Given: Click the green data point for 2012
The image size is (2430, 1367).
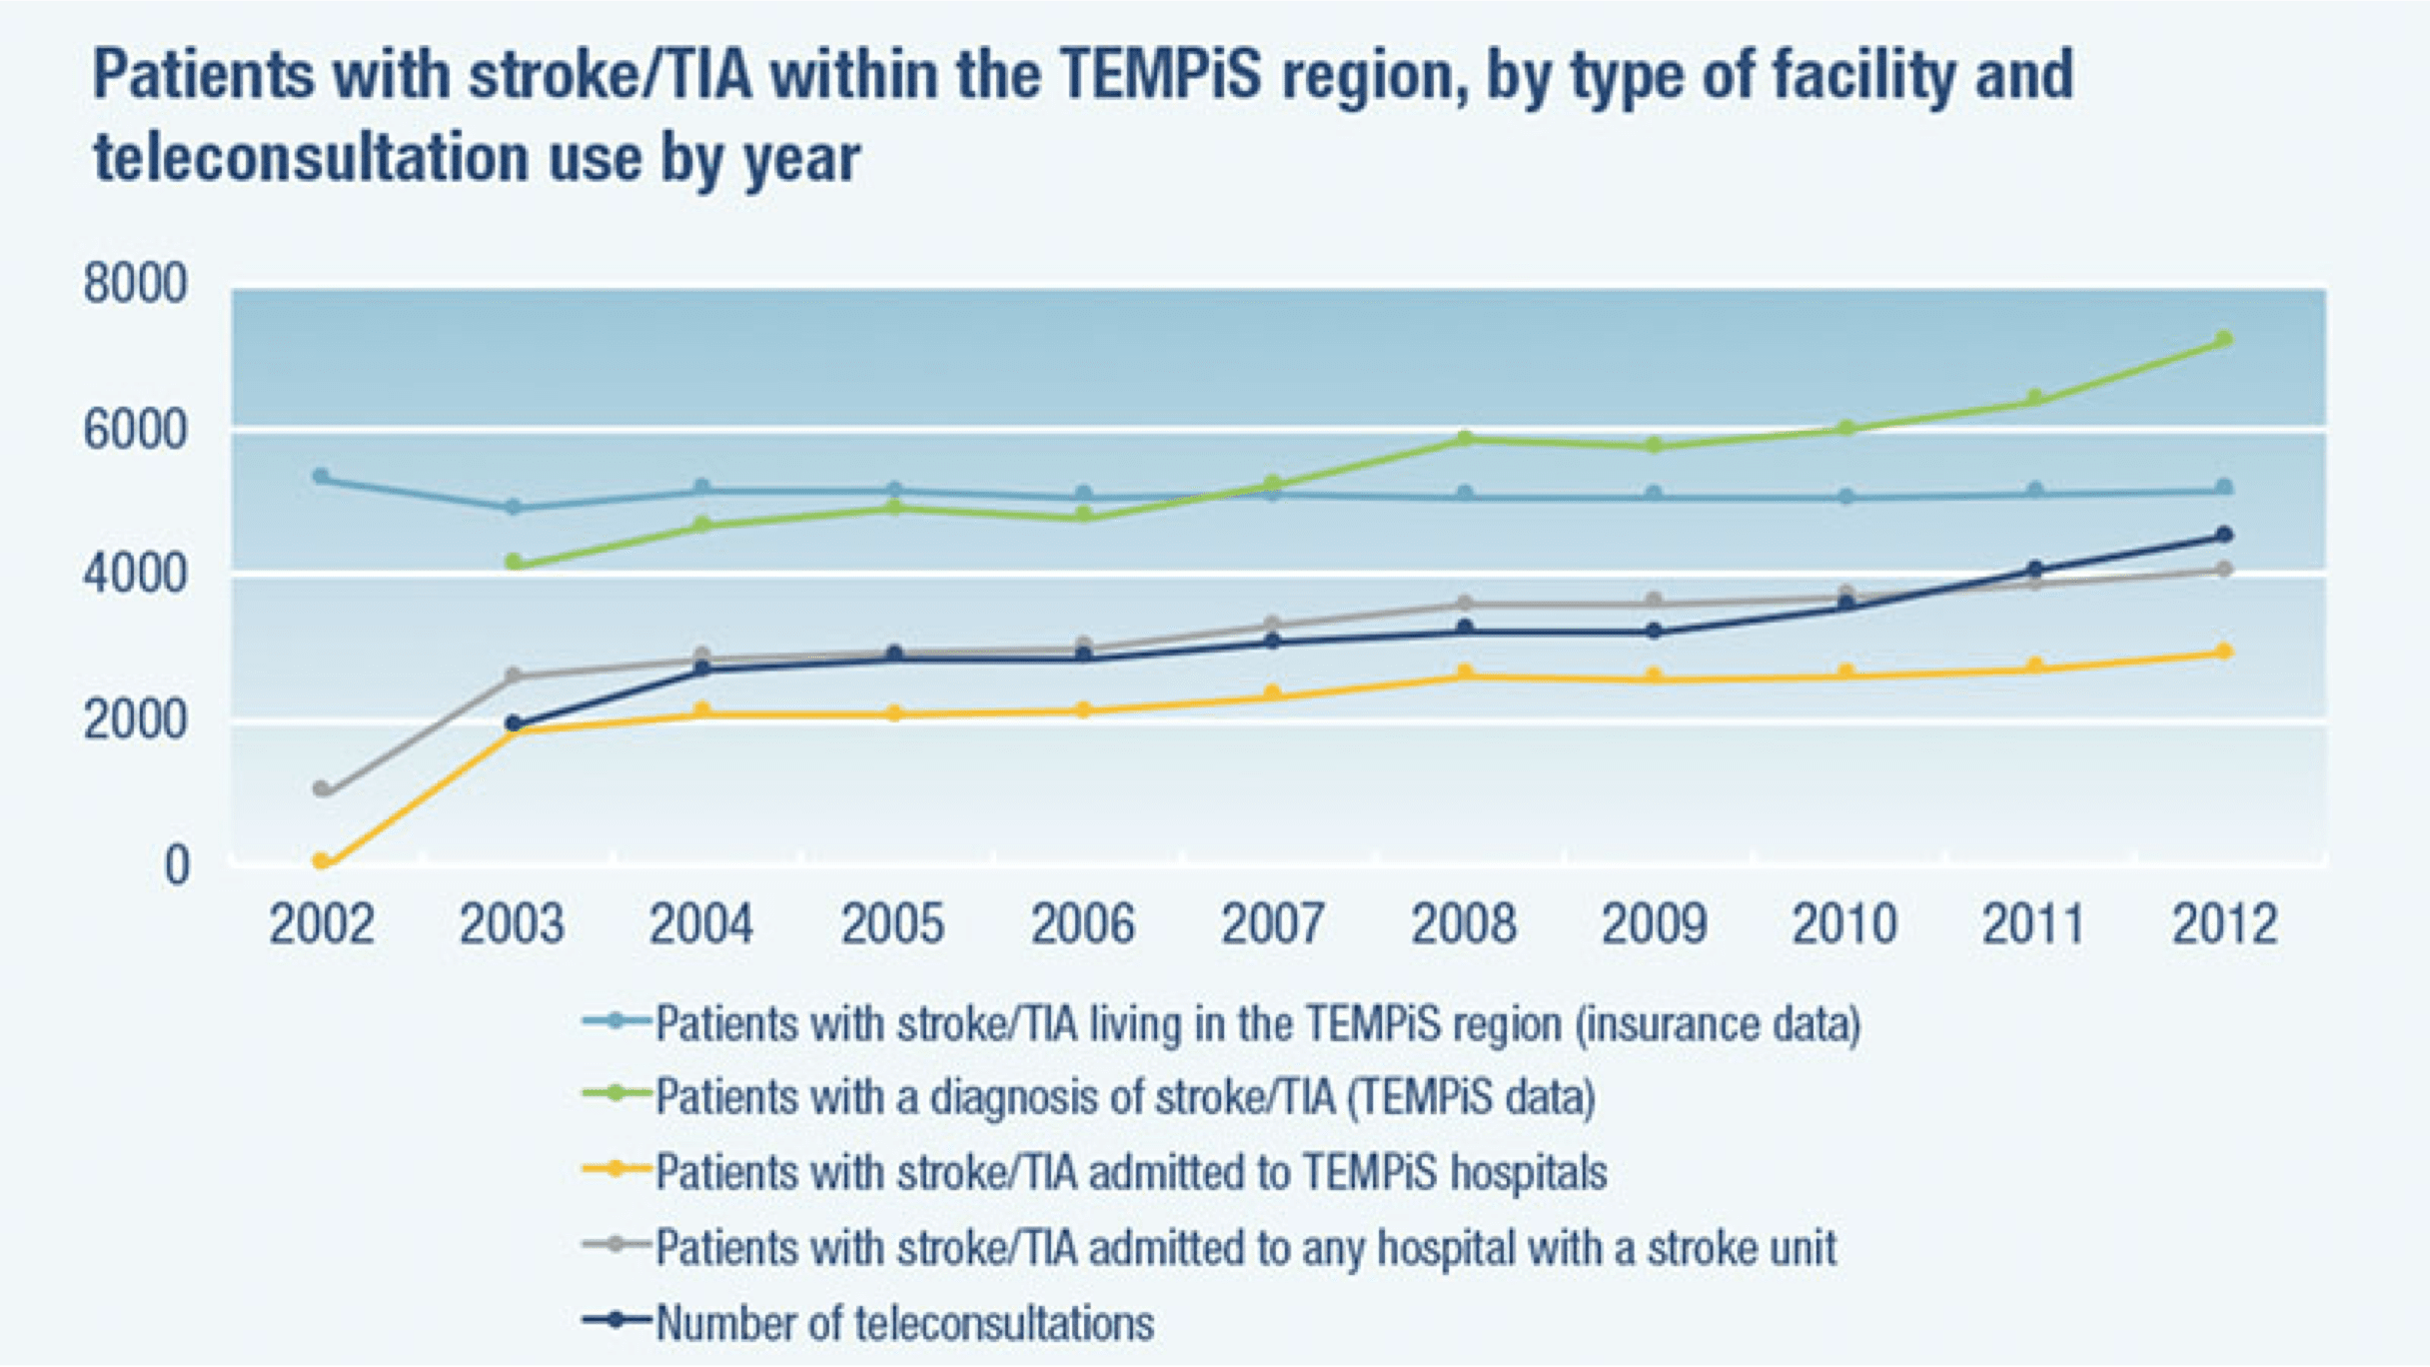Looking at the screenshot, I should click(x=2224, y=340).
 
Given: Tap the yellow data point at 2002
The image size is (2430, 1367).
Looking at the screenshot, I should click(x=322, y=860).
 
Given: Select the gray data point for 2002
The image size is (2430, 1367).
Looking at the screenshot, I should click(x=322, y=788).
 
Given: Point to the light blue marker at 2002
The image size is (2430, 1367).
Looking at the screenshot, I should click(x=322, y=477).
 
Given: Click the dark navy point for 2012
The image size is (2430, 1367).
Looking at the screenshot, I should click(x=2224, y=535).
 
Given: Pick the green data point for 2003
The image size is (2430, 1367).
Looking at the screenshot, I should click(x=514, y=563).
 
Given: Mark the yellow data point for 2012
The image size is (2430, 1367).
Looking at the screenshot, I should click(x=2224, y=652).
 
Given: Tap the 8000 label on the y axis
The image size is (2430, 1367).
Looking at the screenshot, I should click(x=135, y=284).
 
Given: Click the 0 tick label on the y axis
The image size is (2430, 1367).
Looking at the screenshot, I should click(x=176, y=865).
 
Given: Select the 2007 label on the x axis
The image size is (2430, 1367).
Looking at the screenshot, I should click(x=1273, y=923).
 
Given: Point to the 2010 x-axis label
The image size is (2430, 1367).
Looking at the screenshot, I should click(x=1843, y=923).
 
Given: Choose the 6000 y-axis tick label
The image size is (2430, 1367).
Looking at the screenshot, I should click(x=135, y=431).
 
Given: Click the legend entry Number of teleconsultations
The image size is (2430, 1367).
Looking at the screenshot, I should click(x=904, y=1323).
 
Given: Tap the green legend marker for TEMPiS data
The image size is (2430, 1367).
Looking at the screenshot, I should click(x=616, y=1094).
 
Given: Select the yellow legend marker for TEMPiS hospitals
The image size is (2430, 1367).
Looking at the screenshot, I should click(x=616, y=1169).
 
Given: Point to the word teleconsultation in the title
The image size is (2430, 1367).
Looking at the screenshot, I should click(x=311, y=159).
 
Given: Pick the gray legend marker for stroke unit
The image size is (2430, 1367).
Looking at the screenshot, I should click(x=616, y=1245).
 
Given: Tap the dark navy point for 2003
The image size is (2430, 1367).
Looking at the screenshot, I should click(x=514, y=723).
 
